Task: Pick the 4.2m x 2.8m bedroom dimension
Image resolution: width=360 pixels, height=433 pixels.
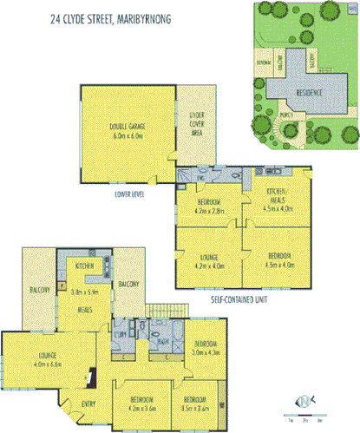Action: point(210,209)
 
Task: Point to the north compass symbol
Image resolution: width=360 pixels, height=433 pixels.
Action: point(304,400)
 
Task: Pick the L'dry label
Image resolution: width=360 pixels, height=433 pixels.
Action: point(121,335)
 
